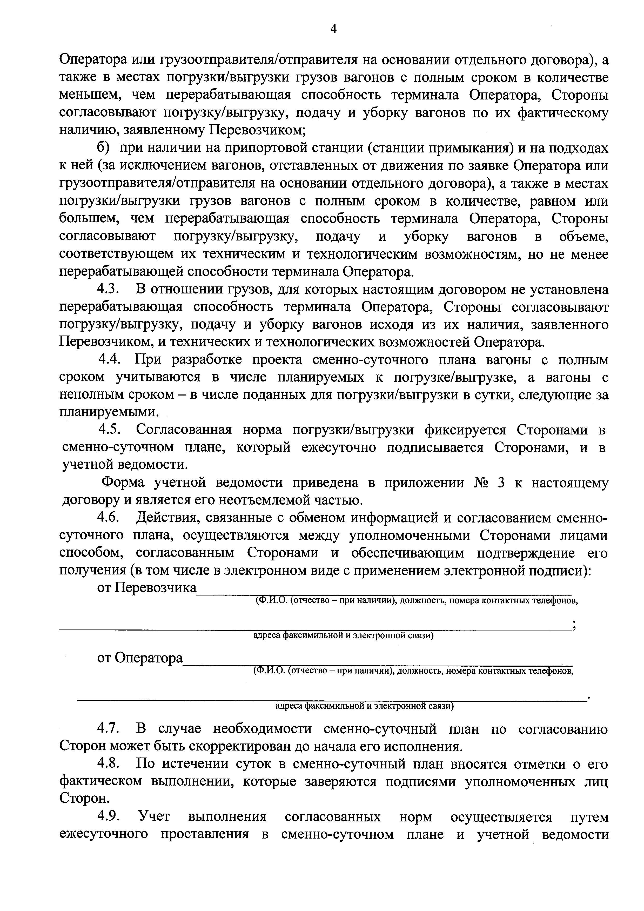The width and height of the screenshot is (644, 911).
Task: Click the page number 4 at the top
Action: (333, 29)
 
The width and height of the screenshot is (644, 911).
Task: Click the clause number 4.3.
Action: (108, 290)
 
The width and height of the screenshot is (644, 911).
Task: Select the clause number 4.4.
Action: (110, 360)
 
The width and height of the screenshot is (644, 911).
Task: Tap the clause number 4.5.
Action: (110, 430)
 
